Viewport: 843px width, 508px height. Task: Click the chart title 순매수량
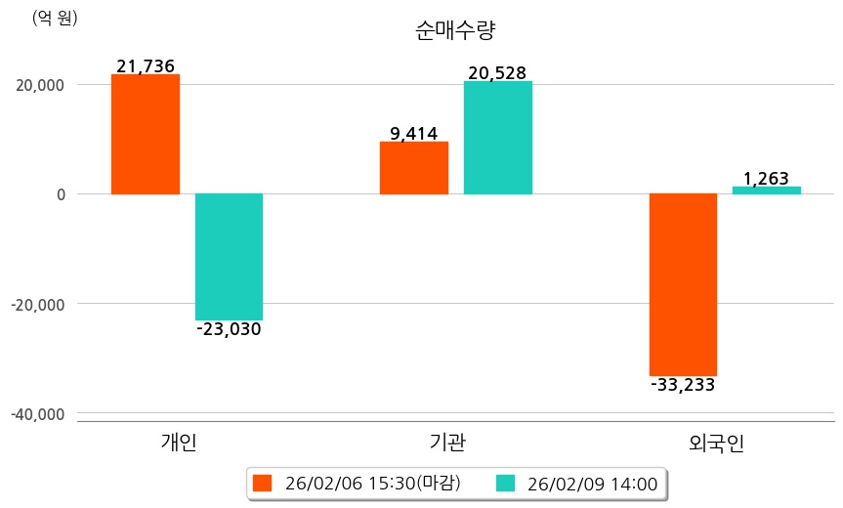point(455,30)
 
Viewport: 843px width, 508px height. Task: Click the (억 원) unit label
point(55,18)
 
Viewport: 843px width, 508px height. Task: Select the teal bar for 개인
point(229,256)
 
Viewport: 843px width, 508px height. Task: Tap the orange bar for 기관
point(414,168)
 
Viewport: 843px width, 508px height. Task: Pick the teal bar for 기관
point(498,138)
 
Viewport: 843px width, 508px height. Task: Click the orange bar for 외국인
point(684,284)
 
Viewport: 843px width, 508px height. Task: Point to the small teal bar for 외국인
point(767,190)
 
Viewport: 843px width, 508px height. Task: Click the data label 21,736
point(146,66)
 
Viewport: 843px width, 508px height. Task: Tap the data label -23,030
point(229,329)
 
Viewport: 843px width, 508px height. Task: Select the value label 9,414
point(414,134)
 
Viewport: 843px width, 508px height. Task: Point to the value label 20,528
point(498,73)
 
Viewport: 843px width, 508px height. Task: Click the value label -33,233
point(684,385)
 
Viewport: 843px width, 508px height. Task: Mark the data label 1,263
point(767,179)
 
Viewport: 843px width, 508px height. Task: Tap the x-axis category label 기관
point(447,444)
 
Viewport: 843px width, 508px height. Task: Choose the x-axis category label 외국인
point(716,444)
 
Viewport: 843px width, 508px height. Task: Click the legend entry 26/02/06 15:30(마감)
point(358,483)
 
